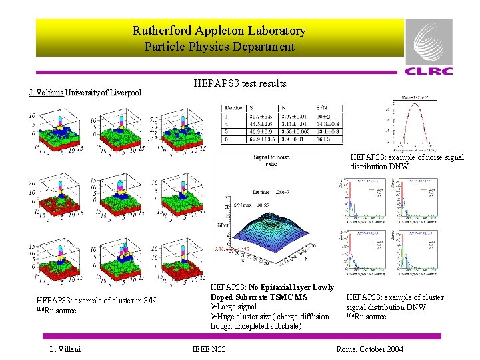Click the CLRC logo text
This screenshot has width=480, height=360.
(429, 71)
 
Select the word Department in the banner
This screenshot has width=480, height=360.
(263, 47)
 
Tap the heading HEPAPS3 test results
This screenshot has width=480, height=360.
(240, 83)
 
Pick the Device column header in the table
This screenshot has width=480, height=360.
(234, 107)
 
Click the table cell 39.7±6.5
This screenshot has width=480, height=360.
(263, 115)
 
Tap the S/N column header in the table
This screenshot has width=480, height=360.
(323, 107)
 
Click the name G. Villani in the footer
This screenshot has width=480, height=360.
(65, 349)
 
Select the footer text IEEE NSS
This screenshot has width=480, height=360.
(209, 349)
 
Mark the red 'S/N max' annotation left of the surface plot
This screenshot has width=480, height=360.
(223, 248)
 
